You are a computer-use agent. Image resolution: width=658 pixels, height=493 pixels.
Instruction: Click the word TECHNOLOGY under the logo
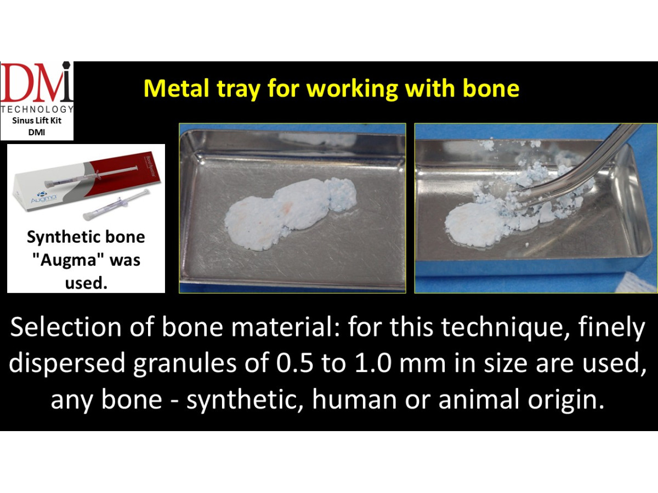[37, 109]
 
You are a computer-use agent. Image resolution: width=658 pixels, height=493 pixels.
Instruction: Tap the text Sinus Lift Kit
[37, 121]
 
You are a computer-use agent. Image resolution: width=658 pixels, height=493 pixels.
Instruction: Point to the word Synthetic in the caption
[60, 237]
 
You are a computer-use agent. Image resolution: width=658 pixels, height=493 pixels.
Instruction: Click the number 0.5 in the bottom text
[295, 363]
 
